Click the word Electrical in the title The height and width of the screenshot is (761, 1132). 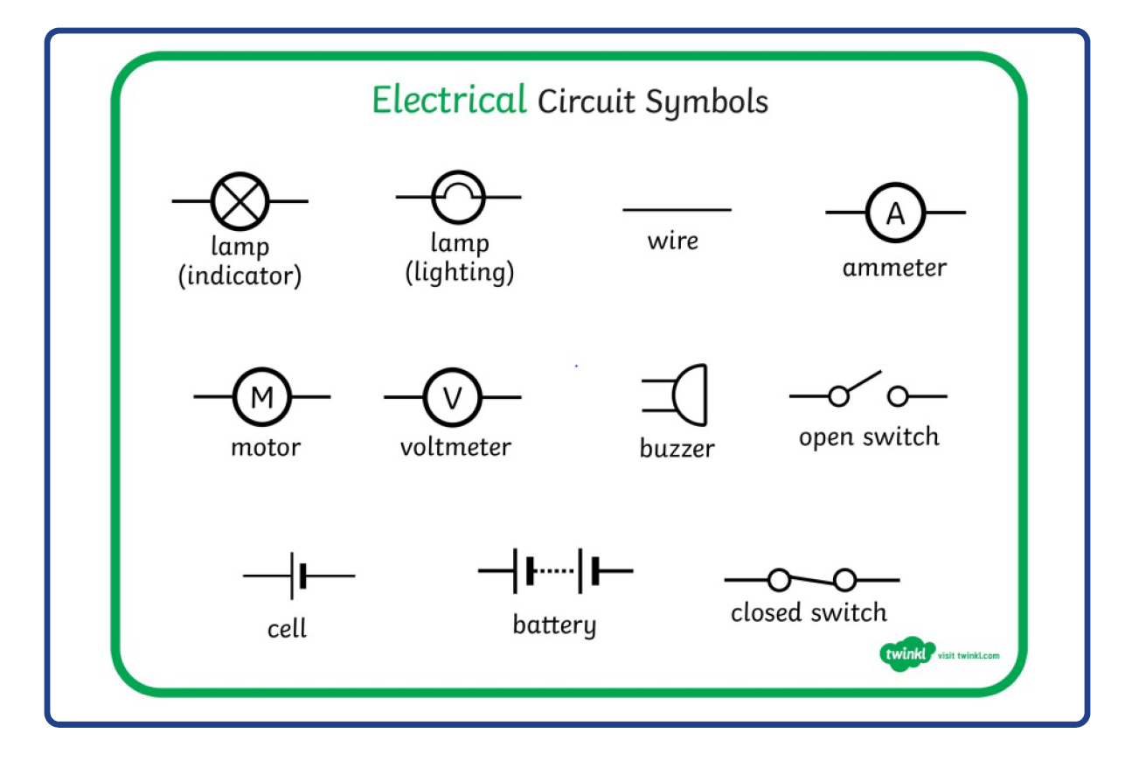[x=448, y=101]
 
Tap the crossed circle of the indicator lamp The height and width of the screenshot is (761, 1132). [x=240, y=201]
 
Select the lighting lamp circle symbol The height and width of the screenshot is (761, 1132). [x=459, y=197]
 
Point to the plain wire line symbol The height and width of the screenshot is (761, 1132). [x=677, y=210]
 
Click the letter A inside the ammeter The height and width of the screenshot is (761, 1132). [x=895, y=213]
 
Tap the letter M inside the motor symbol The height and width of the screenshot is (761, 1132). [x=261, y=397]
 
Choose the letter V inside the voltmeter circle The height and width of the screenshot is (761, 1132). [x=452, y=398]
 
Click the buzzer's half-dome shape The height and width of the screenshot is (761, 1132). [x=690, y=395]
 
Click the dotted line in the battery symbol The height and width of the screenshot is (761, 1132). [x=554, y=571]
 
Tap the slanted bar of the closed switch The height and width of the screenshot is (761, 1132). [x=812, y=580]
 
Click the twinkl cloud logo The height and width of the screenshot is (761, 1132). [x=906, y=655]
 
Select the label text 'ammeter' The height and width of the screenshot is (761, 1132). [x=893, y=268]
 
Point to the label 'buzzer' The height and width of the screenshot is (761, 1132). [x=677, y=449]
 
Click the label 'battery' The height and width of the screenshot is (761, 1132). [x=554, y=625]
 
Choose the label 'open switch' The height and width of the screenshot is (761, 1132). [x=868, y=436]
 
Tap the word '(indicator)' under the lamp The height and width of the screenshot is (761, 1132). [x=240, y=276]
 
